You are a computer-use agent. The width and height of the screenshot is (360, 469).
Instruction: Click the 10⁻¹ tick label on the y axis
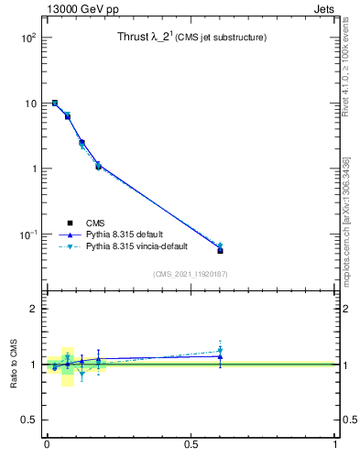tap(26, 234)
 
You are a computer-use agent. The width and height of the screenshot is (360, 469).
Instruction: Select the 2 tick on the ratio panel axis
tap(32, 310)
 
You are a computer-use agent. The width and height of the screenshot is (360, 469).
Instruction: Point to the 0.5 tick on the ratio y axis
tap(27, 420)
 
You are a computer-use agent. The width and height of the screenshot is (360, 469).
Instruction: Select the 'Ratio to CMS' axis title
tap(14, 365)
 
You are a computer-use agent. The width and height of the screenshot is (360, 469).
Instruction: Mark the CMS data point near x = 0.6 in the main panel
tap(220, 250)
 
